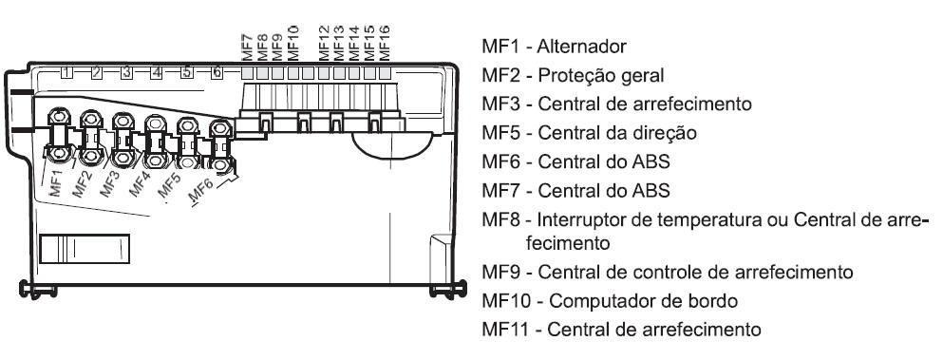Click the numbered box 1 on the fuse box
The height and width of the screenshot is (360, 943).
pyautogui.click(x=66, y=73)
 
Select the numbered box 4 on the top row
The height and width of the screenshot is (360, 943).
pyautogui.click(x=157, y=73)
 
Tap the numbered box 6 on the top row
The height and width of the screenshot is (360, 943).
pyautogui.click(x=217, y=73)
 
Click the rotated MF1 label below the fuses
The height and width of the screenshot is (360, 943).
pyautogui.click(x=56, y=183)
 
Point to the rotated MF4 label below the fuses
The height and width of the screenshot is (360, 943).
pyautogui.click(x=139, y=183)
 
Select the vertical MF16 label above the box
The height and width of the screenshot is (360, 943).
pyautogui.click(x=385, y=43)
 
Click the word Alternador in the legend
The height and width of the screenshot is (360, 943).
pyautogui.click(x=581, y=47)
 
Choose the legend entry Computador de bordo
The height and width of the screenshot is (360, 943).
pyautogui.click(x=644, y=300)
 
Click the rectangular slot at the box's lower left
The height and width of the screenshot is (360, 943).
pyautogui.click(x=85, y=249)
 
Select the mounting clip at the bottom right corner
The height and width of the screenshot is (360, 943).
pyautogui.click(x=448, y=290)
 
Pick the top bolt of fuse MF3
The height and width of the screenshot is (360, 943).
pyautogui.click(x=123, y=121)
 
